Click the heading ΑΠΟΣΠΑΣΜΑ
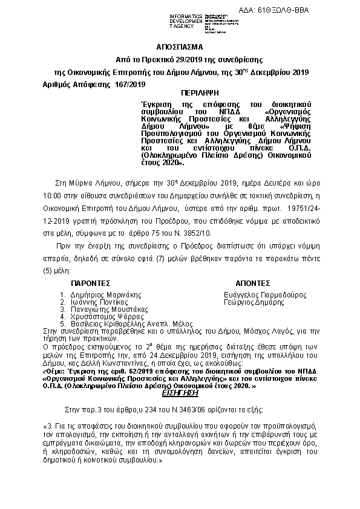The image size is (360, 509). (x=180, y=46)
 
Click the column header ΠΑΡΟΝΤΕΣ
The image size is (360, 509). (x=90, y=282)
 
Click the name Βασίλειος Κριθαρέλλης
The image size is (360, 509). (x=108, y=324)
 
